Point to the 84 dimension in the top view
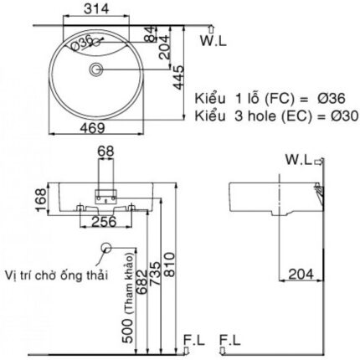click(148, 36)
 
